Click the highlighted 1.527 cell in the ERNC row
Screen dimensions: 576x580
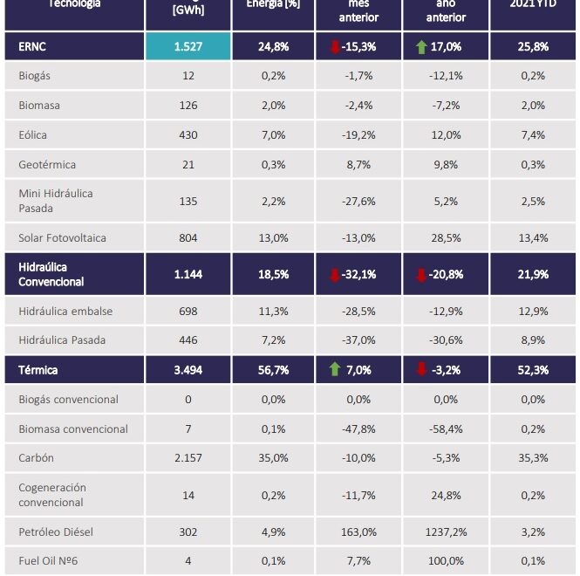(188, 46)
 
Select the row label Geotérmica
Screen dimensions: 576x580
(47, 165)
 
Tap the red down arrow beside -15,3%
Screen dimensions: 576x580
(334, 46)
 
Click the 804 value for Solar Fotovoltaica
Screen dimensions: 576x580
(188, 238)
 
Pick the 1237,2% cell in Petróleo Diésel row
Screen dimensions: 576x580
(447, 531)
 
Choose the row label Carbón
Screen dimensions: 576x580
(36, 458)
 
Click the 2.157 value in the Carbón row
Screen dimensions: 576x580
(188, 458)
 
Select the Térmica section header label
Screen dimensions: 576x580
(38, 370)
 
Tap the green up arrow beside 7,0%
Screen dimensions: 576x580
(334, 369)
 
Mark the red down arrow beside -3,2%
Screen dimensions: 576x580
(422, 370)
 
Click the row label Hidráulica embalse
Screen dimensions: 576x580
(65, 312)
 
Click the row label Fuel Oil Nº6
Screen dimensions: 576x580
(49, 561)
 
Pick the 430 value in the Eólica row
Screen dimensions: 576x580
(188, 135)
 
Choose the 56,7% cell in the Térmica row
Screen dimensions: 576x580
(273, 370)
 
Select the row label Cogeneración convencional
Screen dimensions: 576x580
(52, 495)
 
